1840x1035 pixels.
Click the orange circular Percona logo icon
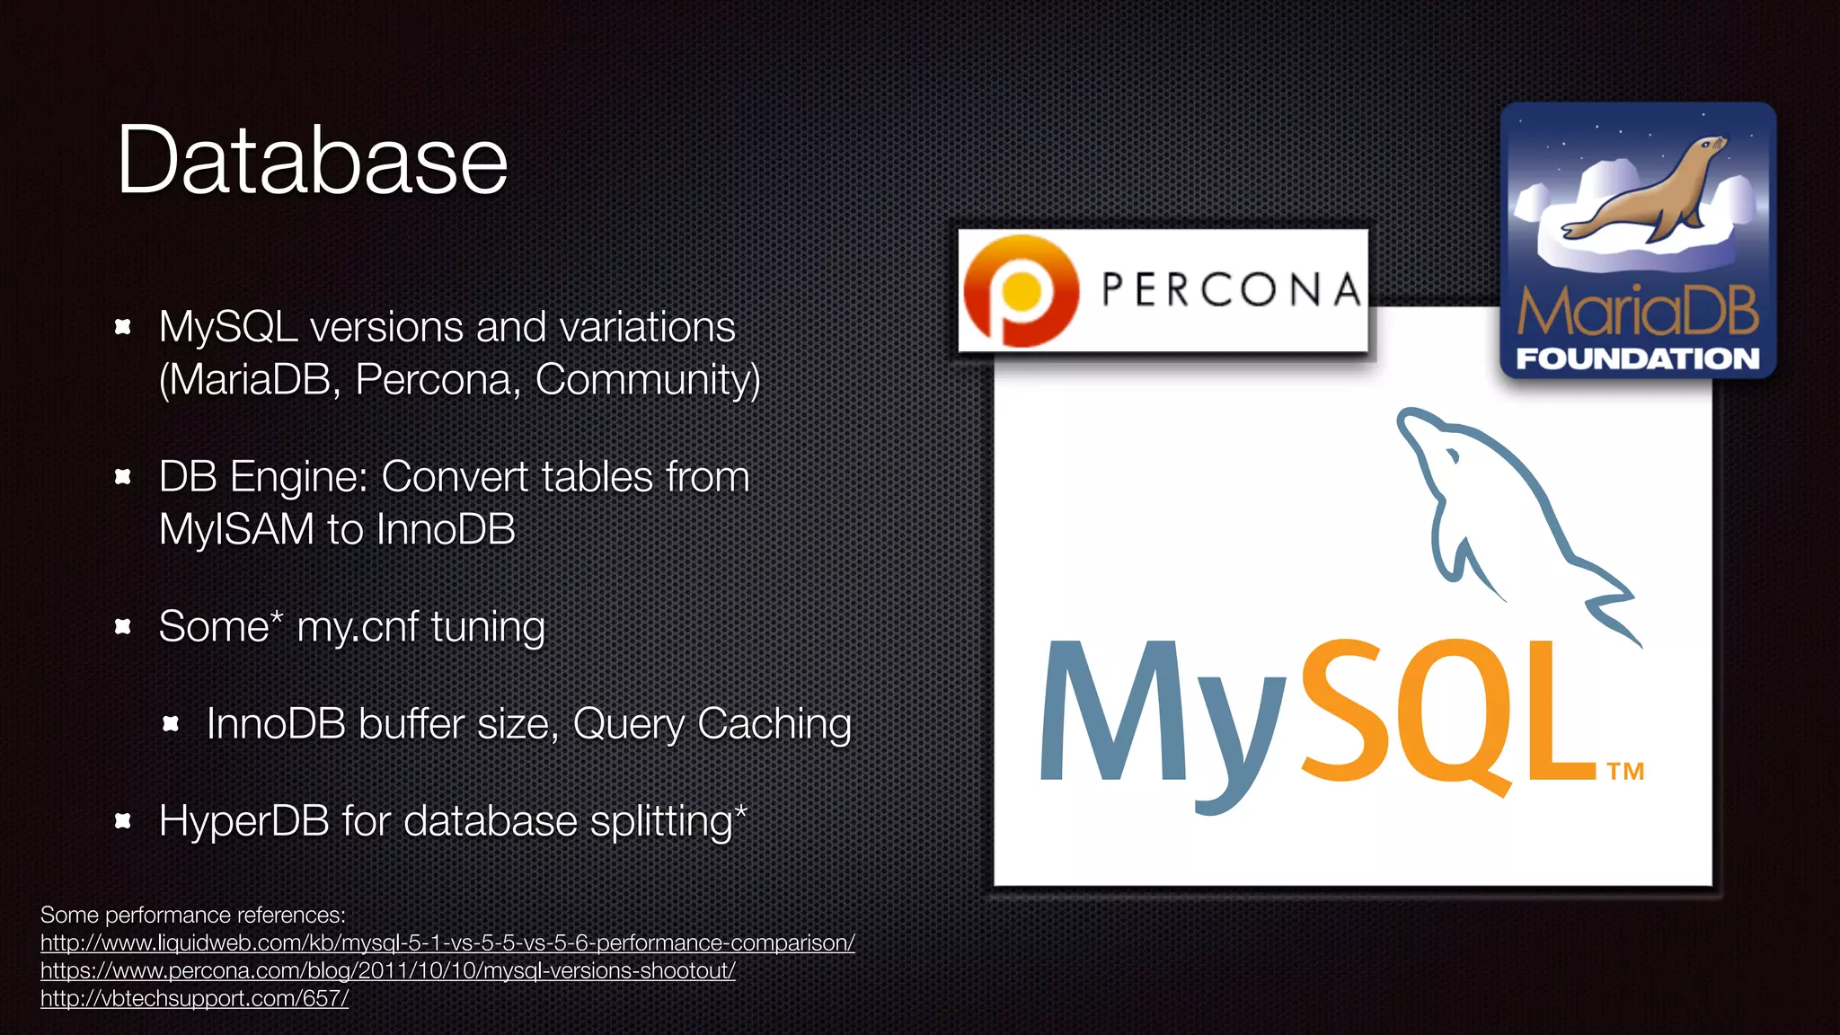pyautogui.click(x=1021, y=290)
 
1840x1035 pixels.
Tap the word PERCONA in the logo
pyautogui.click(x=1231, y=290)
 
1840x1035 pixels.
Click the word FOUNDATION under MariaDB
pyautogui.click(x=1637, y=358)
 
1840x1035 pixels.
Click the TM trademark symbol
pyautogui.click(x=1625, y=772)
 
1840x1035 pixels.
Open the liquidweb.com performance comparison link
pyautogui.click(x=447, y=942)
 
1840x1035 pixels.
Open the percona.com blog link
pyautogui.click(x=387, y=970)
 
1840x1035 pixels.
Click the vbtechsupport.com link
pyautogui.click(x=194, y=998)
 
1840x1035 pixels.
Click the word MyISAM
pyautogui.click(x=236, y=529)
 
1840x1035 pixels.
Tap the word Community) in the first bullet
pyautogui.click(x=648, y=379)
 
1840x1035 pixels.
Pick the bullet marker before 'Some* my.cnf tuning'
pyautogui.click(x=123, y=626)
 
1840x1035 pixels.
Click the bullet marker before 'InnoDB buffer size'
pyautogui.click(x=171, y=723)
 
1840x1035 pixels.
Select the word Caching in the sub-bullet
pyautogui.click(x=774, y=724)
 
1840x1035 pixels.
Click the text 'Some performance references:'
pyautogui.click(x=193, y=915)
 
